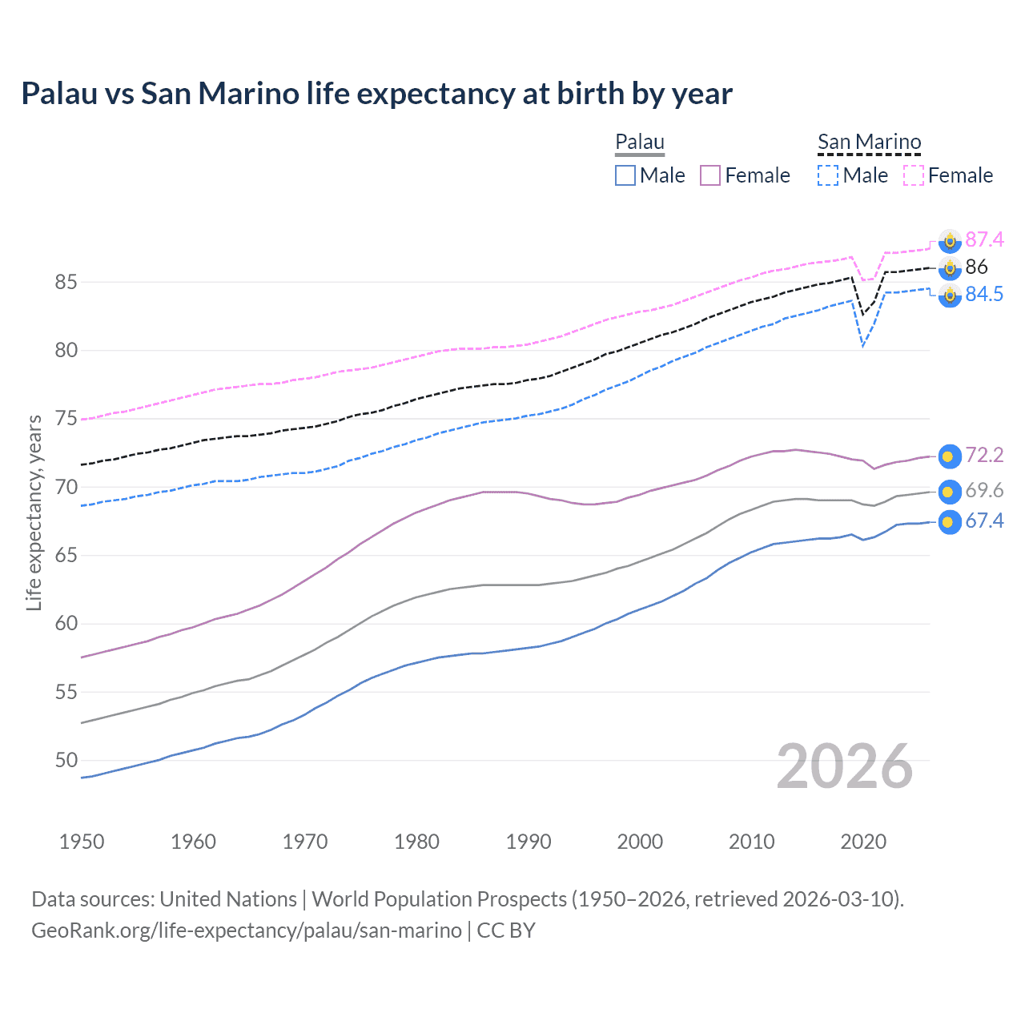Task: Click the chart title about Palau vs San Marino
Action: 376,94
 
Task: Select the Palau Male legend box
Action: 625,175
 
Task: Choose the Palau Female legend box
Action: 710,175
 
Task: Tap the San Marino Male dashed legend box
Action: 828,175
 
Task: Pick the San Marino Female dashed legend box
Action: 914,175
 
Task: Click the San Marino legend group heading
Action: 869,143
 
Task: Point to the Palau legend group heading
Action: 640,143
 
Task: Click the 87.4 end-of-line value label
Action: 984,239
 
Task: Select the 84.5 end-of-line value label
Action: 984,295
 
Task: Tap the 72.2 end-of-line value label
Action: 984,456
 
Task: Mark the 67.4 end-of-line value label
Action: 984,521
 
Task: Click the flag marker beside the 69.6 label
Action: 949,491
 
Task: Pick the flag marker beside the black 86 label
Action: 949,267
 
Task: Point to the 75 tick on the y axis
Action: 66,419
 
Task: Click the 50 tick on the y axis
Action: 66,760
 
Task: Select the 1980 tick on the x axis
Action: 416,842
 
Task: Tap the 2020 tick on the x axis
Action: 863,842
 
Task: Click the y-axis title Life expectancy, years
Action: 34,512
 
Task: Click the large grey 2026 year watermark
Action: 845,766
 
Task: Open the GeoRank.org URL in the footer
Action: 247,931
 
